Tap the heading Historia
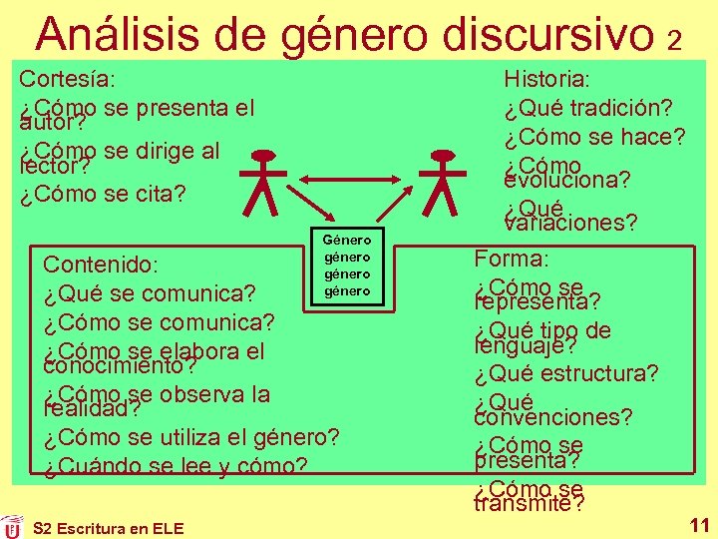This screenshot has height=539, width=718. point(547,79)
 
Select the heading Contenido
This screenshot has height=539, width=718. point(99,265)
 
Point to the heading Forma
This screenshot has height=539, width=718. point(512,259)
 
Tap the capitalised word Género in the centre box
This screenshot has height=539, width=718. point(347,240)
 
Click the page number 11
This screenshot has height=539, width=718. point(699,524)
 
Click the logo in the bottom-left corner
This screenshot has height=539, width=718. point(12,526)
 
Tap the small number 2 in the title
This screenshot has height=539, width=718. point(675,40)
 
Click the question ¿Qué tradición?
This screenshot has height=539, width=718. point(587,108)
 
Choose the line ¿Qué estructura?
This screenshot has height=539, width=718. point(566,374)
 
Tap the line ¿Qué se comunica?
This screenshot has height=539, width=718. point(150,294)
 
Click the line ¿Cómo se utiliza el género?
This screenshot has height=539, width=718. point(191,436)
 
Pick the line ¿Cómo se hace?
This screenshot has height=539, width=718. point(594,137)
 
